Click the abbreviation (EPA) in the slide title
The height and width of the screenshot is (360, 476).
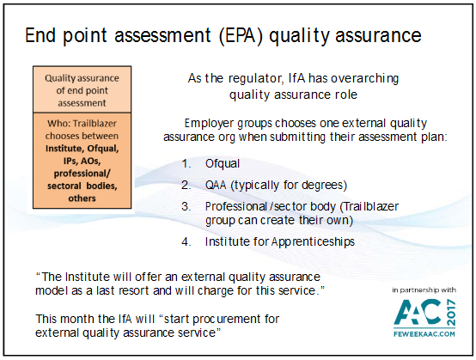[241, 35]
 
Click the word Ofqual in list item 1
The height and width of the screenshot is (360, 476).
[223, 163]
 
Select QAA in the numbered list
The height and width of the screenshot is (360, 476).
[216, 185]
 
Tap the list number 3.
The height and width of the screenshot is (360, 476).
[186, 207]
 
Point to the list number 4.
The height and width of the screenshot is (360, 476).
[186, 242]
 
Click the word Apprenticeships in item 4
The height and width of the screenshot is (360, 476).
[313, 242]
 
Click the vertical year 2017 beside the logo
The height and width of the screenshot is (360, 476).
[451, 313]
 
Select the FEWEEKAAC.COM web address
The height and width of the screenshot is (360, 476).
[424, 334]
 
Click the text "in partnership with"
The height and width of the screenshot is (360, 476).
[424, 290]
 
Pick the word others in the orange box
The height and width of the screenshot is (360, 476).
[82, 198]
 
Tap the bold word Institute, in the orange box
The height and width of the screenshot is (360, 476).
[65, 149]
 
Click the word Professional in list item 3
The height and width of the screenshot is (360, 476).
[236, 207]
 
